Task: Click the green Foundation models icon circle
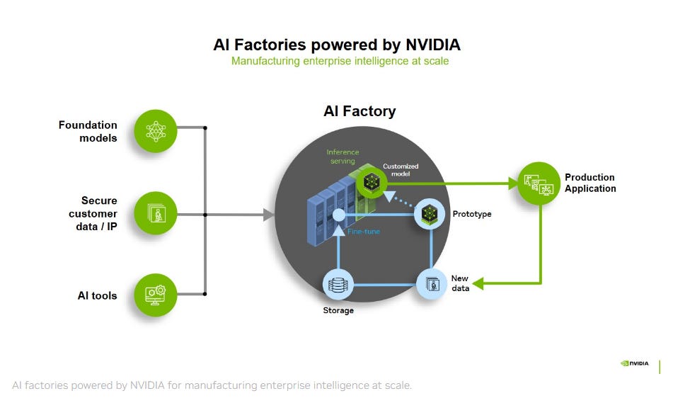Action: pyautogui.click(x=154, y=130)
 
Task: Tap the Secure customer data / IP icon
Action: pyautogui.click(x=154, y=212)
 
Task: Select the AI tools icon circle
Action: pyautogui.click(x=154, y=295)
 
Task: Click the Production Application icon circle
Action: pyautogui.click(x=539, y=183)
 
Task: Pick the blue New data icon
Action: pyautogui.click(x=433, y=284)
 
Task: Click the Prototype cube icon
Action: pyautogui.click(x=430, y=213)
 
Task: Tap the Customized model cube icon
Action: pyautogui.click(x=370, y=183)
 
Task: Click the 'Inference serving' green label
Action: pyautogui.click(x=342, y=157)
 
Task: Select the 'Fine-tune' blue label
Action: pyautogui.click(x=364, y=232)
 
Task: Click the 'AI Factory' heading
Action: pyautogui.click(x=359, y=111)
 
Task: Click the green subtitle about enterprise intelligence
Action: pyautogui.click(x=340, y=62)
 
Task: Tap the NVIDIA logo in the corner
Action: pyautogui.click(x=633, y=364)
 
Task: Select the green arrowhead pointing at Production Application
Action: pyautogui.click(x=512, y=183)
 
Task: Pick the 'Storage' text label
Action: pyautogui.click(x=338, y=310)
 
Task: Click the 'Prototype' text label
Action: pyautogui.click(x=471, y=214)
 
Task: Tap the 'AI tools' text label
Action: pyautogui.click(x=97, y=295)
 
